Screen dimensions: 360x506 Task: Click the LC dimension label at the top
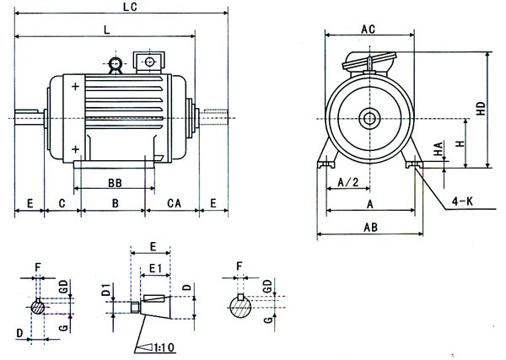tap(129, 7)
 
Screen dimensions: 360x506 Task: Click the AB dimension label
tap(369, 228)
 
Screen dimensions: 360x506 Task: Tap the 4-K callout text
tap(463, 201)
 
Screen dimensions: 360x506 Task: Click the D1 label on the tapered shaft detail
tap(106, 292)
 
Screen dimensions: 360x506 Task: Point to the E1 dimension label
tap(154, 268)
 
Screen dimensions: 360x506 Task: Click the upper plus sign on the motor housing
tap(76, 87)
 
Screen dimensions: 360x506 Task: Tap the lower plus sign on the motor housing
tap(76, 148)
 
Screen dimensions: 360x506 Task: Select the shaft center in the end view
tap(369, 118)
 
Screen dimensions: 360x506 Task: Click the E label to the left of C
tap(30, 203)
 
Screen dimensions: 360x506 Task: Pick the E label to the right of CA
tap(213, 203)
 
